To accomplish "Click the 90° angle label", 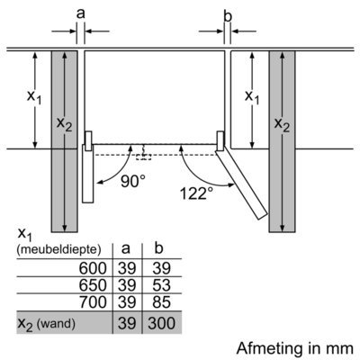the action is tap(133, 181).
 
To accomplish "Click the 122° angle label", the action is tap(196, 193).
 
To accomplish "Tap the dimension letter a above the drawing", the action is tap(81, 13).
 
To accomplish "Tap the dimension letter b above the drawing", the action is tap(228, 16).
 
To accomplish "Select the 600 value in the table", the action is tap(93, 268).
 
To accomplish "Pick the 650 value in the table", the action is tap(93, 285).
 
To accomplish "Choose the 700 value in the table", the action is tap(93, 301).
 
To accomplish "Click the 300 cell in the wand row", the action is tap(162, 323).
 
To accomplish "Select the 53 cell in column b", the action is tap(161, 285).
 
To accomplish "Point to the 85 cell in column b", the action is tap(161, 301).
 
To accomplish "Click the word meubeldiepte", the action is tap(59, 249).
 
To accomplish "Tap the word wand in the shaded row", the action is tap(57, 323).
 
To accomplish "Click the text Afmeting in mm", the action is tap(295, 348).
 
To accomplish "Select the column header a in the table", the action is tap(126, 248).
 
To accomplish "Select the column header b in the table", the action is tap(158, 247).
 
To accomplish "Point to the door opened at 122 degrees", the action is tap(241, 183).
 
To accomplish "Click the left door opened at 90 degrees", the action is tap(88, 174).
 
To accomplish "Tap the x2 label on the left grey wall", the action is tap(64, 123).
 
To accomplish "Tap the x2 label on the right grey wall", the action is tap(282, 124).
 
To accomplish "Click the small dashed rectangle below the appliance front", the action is tap(143, 157).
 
